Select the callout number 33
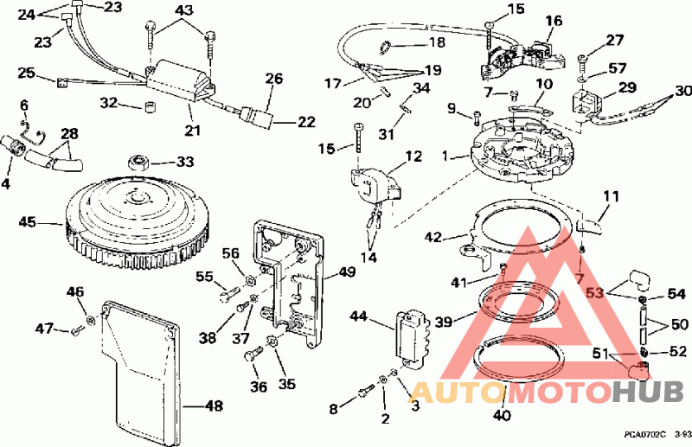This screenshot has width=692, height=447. [x=185, y=162]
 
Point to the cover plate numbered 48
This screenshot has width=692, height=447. [x=139, y=371]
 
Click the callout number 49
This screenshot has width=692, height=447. [x=348, y=272]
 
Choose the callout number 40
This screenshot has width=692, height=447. [x=503, y=416]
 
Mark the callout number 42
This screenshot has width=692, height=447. [x=433, y=238]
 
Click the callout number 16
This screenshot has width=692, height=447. [x=554, y=21]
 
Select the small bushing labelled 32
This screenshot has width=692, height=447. [x=151, y=107]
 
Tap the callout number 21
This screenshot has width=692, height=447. [x=192, y=131]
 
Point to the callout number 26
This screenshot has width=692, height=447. [x=273, y=79]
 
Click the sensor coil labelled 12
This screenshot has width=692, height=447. [x=376, y=185]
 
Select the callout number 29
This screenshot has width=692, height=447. [x=626, y=87]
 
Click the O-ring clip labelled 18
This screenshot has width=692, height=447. [x=385, y=46]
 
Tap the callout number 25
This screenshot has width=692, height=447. [x=26, y=73]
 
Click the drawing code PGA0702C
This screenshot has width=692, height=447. [x=644, y=435]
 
